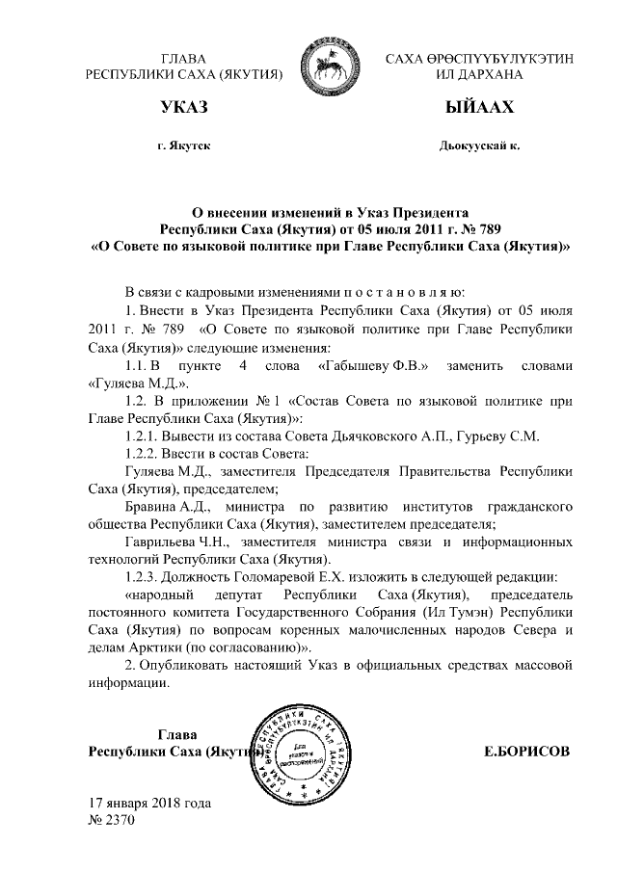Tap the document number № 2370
pyautogui.click(x=111, y=820)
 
